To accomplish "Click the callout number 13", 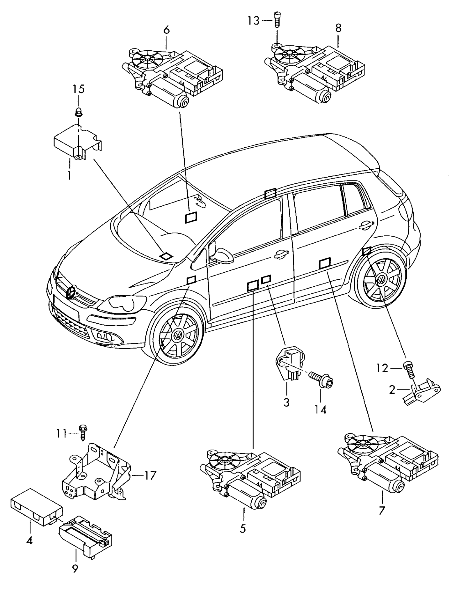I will [253, 21].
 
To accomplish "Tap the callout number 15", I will [78, 89].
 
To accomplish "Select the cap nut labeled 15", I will [78, 112].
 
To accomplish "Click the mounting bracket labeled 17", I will [96, 473].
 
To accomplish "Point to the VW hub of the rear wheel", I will [381, 280].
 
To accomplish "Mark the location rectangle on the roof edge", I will [270, 193].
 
